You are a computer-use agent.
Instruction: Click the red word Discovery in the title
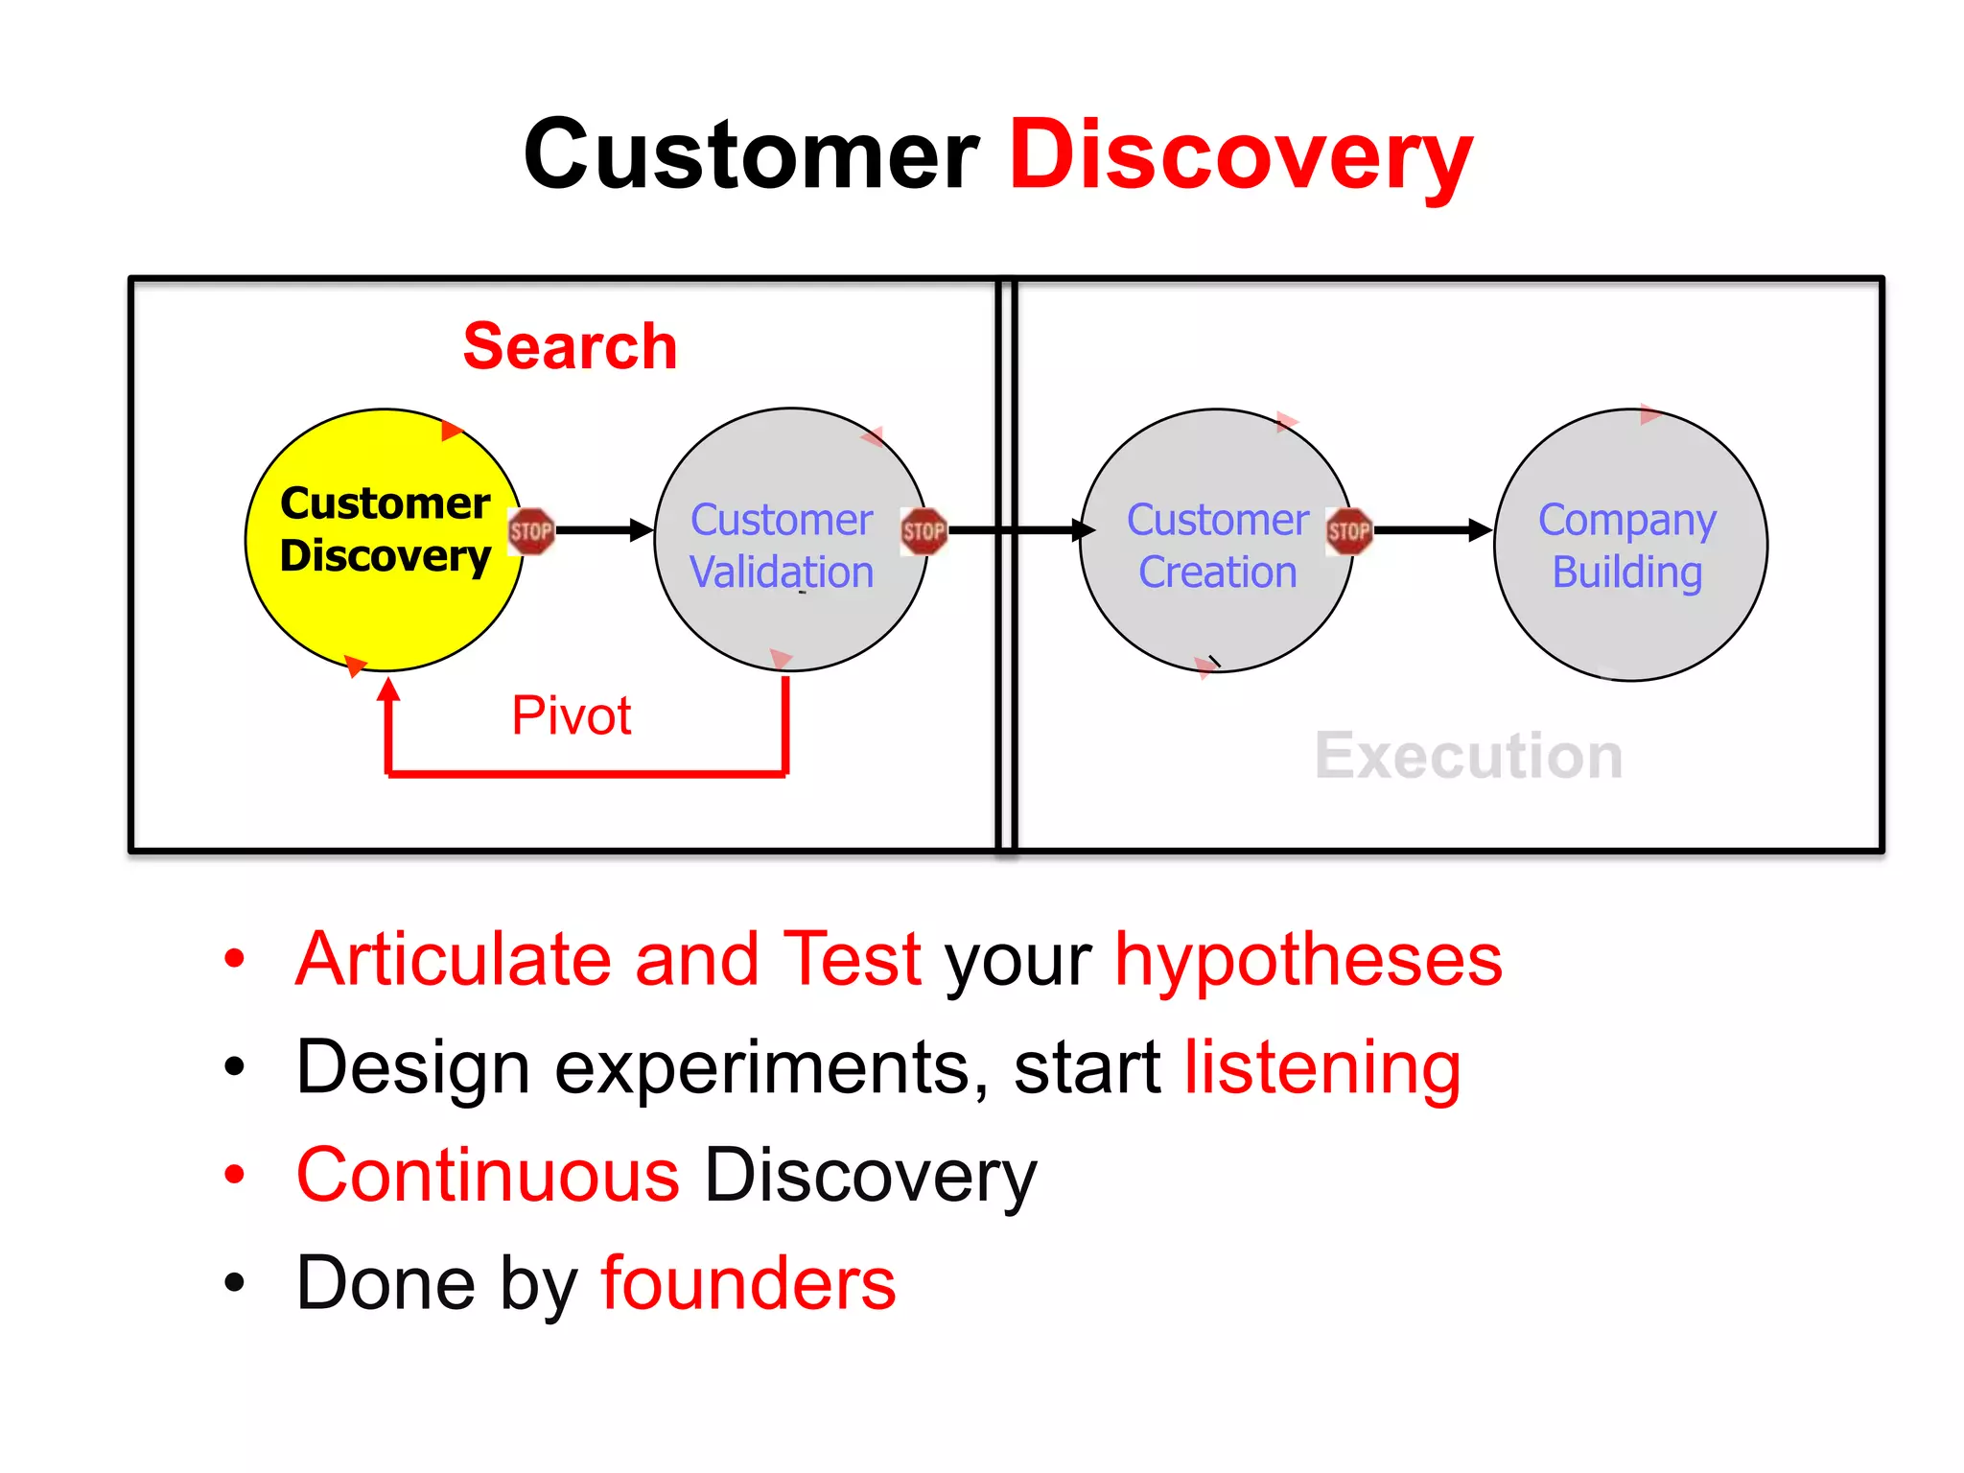tap(1240, 155)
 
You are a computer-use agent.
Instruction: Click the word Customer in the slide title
tap(751, 155)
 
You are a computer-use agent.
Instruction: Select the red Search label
tap(570, 346)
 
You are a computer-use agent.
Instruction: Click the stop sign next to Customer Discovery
tap(531, 531)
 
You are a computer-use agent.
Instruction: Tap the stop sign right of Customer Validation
tap(924, 531)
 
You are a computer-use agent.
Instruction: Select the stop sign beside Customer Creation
tap(1348, 531)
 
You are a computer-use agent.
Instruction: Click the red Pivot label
tap(572, 715)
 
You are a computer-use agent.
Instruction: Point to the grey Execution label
tap(1468, 757)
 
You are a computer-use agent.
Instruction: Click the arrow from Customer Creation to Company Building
tap(1431, 529)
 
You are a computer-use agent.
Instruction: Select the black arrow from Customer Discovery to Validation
tap(603, 529)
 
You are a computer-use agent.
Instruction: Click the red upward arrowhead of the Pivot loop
tap(388, 690)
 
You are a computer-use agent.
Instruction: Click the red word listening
tap(1321, 1067)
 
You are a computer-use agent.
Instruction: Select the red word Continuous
tap(488, 1176)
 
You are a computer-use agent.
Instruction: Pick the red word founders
tap(748, 1284)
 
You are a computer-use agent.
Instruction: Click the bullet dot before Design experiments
tap(234, 1066)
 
